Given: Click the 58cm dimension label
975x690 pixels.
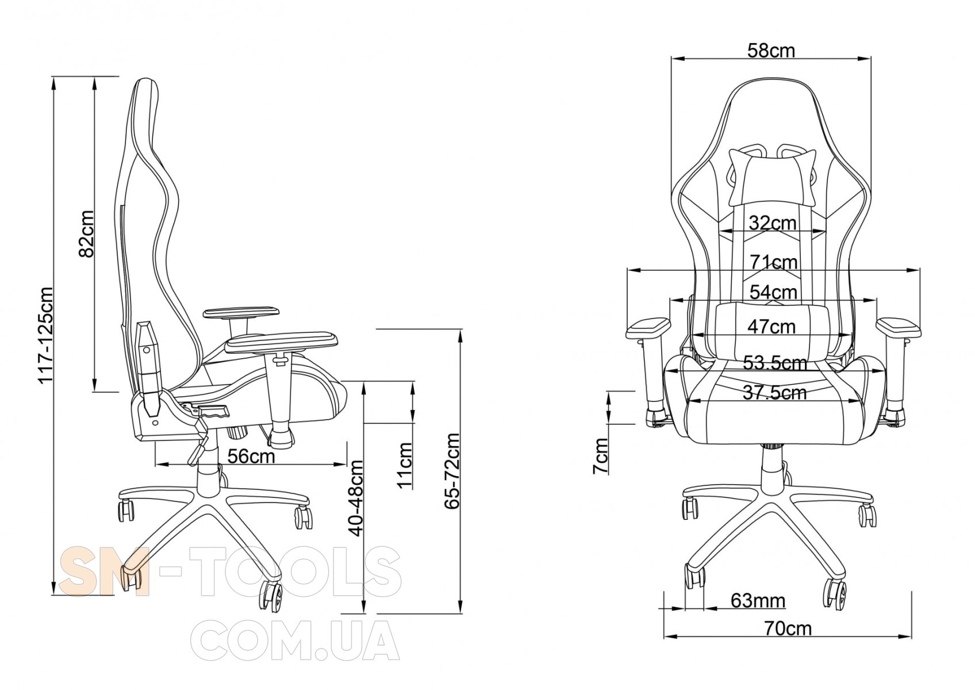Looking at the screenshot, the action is tap(771, 51).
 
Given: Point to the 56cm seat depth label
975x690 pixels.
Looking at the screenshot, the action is tap(252, 456).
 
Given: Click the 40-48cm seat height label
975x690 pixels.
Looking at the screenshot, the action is tap(356, 498).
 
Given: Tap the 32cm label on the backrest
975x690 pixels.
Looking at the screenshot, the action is tap(773, 223).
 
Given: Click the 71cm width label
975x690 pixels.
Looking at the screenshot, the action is tap(774, 263).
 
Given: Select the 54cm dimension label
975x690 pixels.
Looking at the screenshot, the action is tap(773, 292).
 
